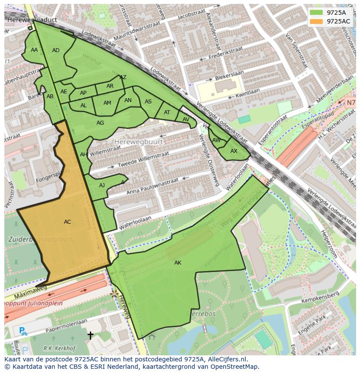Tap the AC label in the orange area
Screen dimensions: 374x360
[67, 222]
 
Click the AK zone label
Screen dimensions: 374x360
[178, 263]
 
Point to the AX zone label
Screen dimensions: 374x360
[234, 151]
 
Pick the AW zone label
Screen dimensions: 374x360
[217, 140]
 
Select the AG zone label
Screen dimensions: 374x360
[100, 123]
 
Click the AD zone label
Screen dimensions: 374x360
[56, 50]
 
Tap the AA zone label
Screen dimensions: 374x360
[34, 50]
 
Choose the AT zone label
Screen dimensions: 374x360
[167, 113]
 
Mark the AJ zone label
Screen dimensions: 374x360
[102, 185]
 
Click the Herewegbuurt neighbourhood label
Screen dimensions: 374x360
[139, 142]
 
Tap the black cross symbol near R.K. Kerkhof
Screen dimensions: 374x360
[90, 335]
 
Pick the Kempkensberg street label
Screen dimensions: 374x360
[321, 298]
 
